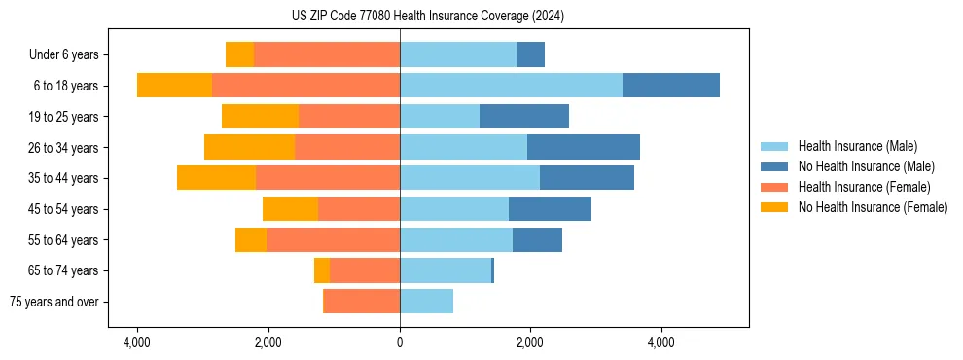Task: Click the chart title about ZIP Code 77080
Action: pos(428,16)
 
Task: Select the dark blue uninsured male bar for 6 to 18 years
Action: pos(670,85)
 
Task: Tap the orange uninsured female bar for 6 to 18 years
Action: pos(174,85)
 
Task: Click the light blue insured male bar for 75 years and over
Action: pos(426,302)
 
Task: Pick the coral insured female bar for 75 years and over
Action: pos(362,302)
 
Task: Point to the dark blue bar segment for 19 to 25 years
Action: pos(523,116)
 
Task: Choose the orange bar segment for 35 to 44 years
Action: pos(216,178)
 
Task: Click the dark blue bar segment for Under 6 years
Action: pos(530,54)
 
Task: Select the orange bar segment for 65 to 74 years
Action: pos(322,270)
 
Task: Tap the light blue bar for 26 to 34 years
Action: pos(463,147)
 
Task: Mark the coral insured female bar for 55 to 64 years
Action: pos(333,239)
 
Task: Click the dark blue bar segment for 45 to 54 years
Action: pos(550,208)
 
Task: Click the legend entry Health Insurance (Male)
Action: pos(857,146)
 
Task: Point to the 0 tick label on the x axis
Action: pos(400,343)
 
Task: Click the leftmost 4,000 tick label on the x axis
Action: pos(137,343)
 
